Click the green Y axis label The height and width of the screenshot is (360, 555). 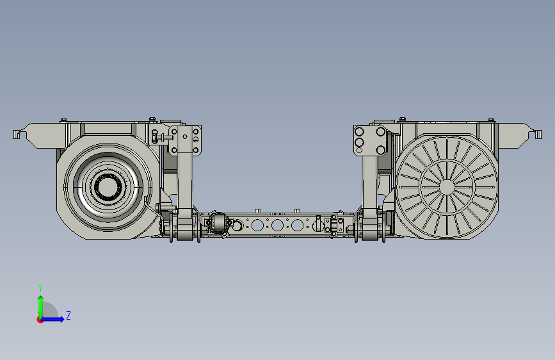point(40,288)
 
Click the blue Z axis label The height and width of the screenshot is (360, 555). point(68,315)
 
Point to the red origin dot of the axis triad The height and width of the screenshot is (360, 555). point(40,320)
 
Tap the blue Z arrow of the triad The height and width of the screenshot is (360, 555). point(53,319)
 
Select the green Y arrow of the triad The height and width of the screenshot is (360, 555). point(41,307)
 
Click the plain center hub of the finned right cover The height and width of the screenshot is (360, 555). point(447,187)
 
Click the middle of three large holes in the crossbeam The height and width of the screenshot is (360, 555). point(277,225)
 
